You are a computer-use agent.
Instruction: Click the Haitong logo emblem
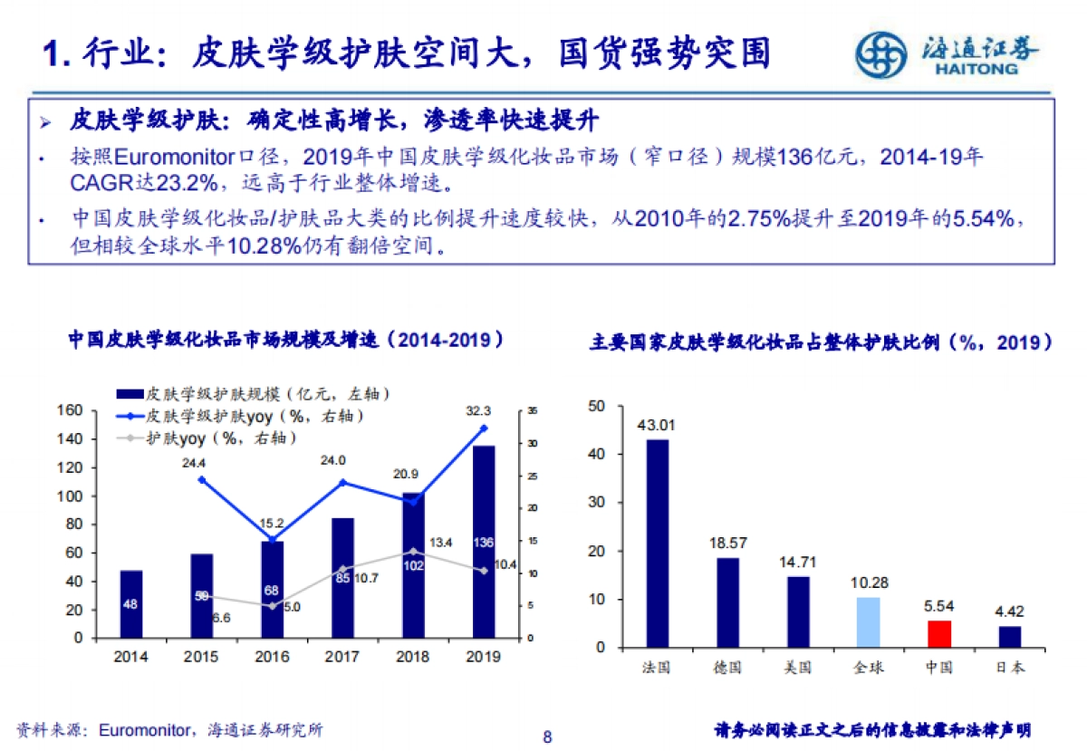[880, 55]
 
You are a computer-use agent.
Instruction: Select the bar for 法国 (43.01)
[657, 543]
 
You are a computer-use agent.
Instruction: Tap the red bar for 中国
[938, 633]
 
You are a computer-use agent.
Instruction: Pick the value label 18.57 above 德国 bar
[727, 543]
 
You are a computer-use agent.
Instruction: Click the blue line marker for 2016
[272, 541]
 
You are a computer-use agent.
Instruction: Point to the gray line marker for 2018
[413, 551]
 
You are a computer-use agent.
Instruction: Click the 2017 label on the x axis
[342, 658]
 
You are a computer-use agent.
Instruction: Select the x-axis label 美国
[797, 669]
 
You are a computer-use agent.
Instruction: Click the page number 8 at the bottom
[546, 736]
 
